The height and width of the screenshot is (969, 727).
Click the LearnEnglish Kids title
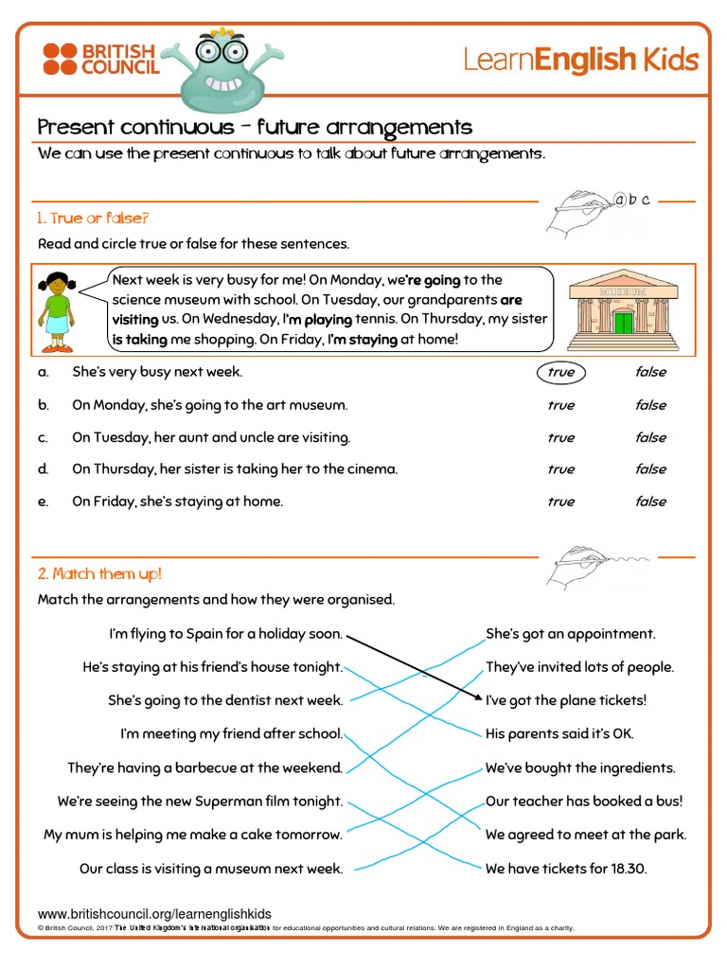pos(580,61)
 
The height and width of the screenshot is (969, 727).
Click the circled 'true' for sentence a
pos(561,372)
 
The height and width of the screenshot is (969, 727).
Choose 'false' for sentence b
pos(650,405)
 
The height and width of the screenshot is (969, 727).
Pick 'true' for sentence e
pos(560,502)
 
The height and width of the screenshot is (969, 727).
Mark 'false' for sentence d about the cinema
pos(650,469)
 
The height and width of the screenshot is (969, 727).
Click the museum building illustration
pos(623,310)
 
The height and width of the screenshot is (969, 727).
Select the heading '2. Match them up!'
pos(99,573)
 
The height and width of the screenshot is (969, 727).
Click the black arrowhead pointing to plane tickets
pos(477,697)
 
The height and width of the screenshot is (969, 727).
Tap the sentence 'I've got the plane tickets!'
pos(566,700)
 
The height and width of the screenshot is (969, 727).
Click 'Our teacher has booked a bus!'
pos(584,801)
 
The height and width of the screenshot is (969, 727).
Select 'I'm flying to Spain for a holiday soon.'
pos(225,634)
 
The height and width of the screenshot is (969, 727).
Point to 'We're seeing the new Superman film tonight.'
pos(200,802)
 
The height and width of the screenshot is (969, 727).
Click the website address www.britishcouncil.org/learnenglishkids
pos(154,913)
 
